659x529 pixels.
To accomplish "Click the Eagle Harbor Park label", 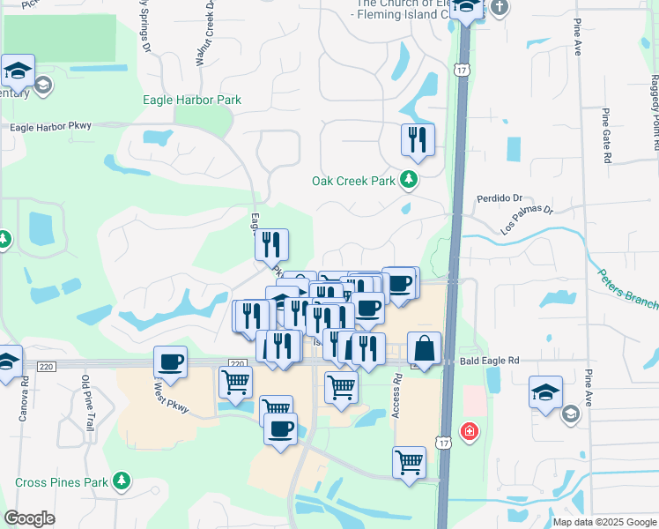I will tap(192, 101).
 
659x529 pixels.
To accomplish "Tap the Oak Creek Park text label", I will tap(354, 181).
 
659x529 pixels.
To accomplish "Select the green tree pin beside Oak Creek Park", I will tap(408, 181).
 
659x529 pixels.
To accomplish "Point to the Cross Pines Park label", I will tap(61, 482).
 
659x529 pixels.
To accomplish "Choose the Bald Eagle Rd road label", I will tap(489, 361).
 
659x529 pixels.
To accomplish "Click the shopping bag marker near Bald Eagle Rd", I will tap(425, 348).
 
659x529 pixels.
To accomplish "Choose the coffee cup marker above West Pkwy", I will tap(170, 361).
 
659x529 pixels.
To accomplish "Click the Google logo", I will tap(29, 518).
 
